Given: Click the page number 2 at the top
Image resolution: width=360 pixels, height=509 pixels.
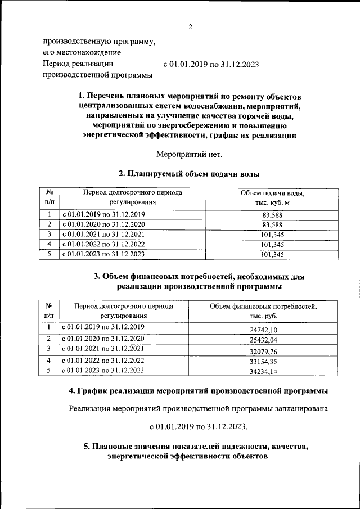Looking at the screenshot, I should pos(190,27).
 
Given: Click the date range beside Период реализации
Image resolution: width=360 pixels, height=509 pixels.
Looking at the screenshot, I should pos(211,65).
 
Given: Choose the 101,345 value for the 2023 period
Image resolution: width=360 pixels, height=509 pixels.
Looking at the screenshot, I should pos(272,254).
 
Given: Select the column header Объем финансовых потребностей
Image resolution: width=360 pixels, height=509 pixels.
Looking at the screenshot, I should pos(263,307).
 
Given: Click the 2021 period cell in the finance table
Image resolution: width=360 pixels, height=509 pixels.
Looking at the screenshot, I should pos(103,349).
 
